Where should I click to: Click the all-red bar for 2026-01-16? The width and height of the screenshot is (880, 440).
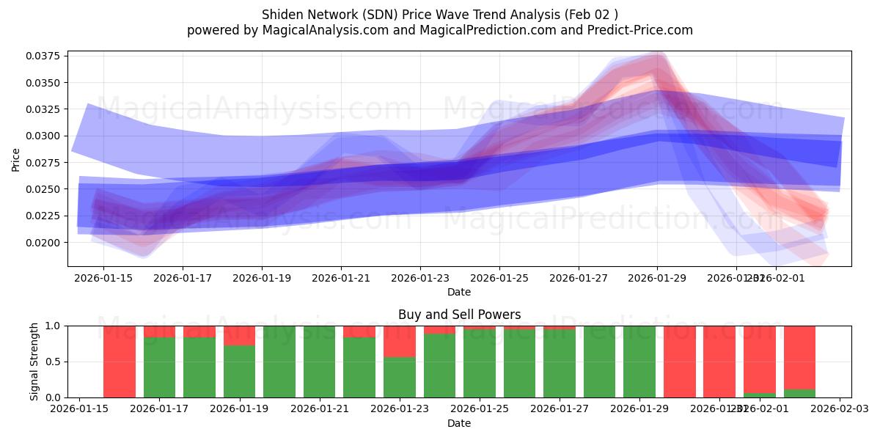coord(120,362)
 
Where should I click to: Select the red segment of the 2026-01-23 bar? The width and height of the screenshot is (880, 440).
coord(400,341)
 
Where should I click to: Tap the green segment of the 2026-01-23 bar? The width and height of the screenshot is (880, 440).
coord(400,377)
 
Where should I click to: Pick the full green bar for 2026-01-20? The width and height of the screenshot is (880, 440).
coord(279,362)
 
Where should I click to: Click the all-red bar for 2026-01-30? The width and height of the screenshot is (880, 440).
coord(679,362)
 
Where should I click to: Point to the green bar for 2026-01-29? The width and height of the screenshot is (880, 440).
coord(639,362)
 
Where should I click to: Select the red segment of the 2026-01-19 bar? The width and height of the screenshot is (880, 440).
coord(239,335)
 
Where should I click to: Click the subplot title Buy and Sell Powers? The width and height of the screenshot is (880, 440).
coord(459,315)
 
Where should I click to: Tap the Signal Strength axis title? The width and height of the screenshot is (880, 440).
coord(34,362)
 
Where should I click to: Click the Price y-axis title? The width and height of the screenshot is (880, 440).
coord(16,158)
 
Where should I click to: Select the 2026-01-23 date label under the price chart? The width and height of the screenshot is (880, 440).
coord(420,278)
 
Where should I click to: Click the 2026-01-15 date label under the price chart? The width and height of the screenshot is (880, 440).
coord(103,278)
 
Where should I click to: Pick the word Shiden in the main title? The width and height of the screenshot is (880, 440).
coord(282,15)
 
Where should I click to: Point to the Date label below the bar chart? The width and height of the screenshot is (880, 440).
coord(459,423)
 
